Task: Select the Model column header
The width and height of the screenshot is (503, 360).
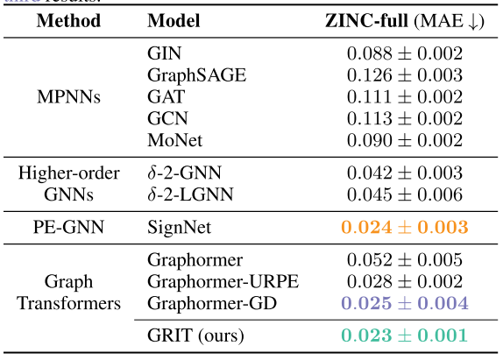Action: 174,20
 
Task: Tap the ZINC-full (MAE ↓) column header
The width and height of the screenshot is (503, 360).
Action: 403,20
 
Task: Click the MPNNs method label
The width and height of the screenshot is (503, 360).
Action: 69,96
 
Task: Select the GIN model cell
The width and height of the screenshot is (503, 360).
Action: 164,53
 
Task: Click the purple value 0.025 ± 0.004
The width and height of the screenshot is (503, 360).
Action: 403,303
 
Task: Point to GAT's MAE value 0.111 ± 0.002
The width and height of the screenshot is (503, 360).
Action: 403,96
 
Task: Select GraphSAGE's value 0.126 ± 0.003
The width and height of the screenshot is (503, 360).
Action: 403,75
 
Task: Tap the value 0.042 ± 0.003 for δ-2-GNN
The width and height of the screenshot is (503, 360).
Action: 403,173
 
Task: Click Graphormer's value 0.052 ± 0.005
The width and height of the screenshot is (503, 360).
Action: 403,260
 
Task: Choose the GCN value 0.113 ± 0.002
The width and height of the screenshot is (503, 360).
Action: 403,118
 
